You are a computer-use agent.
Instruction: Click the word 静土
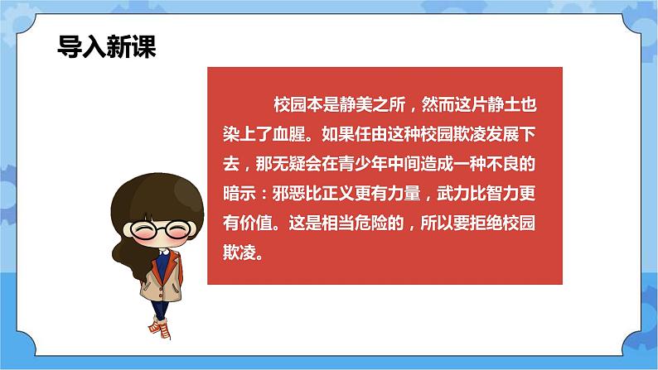(x=518, y=106)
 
